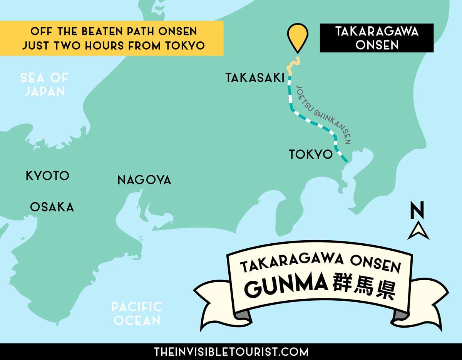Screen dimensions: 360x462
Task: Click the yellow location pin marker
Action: pos(298,37)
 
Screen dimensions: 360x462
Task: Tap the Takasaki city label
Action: pos(255,79)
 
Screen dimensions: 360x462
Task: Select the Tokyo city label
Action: pos(310,154)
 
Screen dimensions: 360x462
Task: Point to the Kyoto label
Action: pos(47,176)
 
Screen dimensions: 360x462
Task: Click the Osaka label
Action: pos(52,207)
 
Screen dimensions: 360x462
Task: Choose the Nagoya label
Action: pos(144,180)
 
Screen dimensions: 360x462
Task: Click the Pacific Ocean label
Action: pos(137,313)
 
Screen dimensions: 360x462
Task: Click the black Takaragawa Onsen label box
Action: pos(377,38)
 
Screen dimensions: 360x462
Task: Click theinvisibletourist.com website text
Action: pos(231,352)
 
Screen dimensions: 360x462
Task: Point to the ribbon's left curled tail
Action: pos(216,300)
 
